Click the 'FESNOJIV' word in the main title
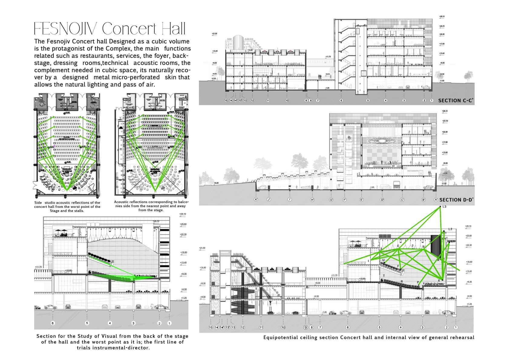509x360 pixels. tap(65, 29)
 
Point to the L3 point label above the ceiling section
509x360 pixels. tap(444, 207)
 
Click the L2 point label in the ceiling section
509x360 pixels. tap(450, 229)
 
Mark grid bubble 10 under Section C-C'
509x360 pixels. tap(287, 100)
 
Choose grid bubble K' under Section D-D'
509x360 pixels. tap(256, 200)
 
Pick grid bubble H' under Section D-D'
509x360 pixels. tap(312, 200)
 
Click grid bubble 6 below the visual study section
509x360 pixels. tap(53, 323)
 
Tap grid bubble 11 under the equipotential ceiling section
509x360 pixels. tap(261, 327)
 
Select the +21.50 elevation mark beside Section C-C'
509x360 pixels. tap(215, 34)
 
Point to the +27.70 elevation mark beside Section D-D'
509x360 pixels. tap(445, 121)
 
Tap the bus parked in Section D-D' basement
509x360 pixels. tap(397, 185)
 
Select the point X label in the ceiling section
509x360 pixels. tap(439, 280)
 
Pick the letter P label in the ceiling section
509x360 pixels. tap(418, 283)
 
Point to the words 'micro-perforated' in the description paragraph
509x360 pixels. tap(135, 77)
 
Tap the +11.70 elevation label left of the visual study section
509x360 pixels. tap(38, 267)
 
